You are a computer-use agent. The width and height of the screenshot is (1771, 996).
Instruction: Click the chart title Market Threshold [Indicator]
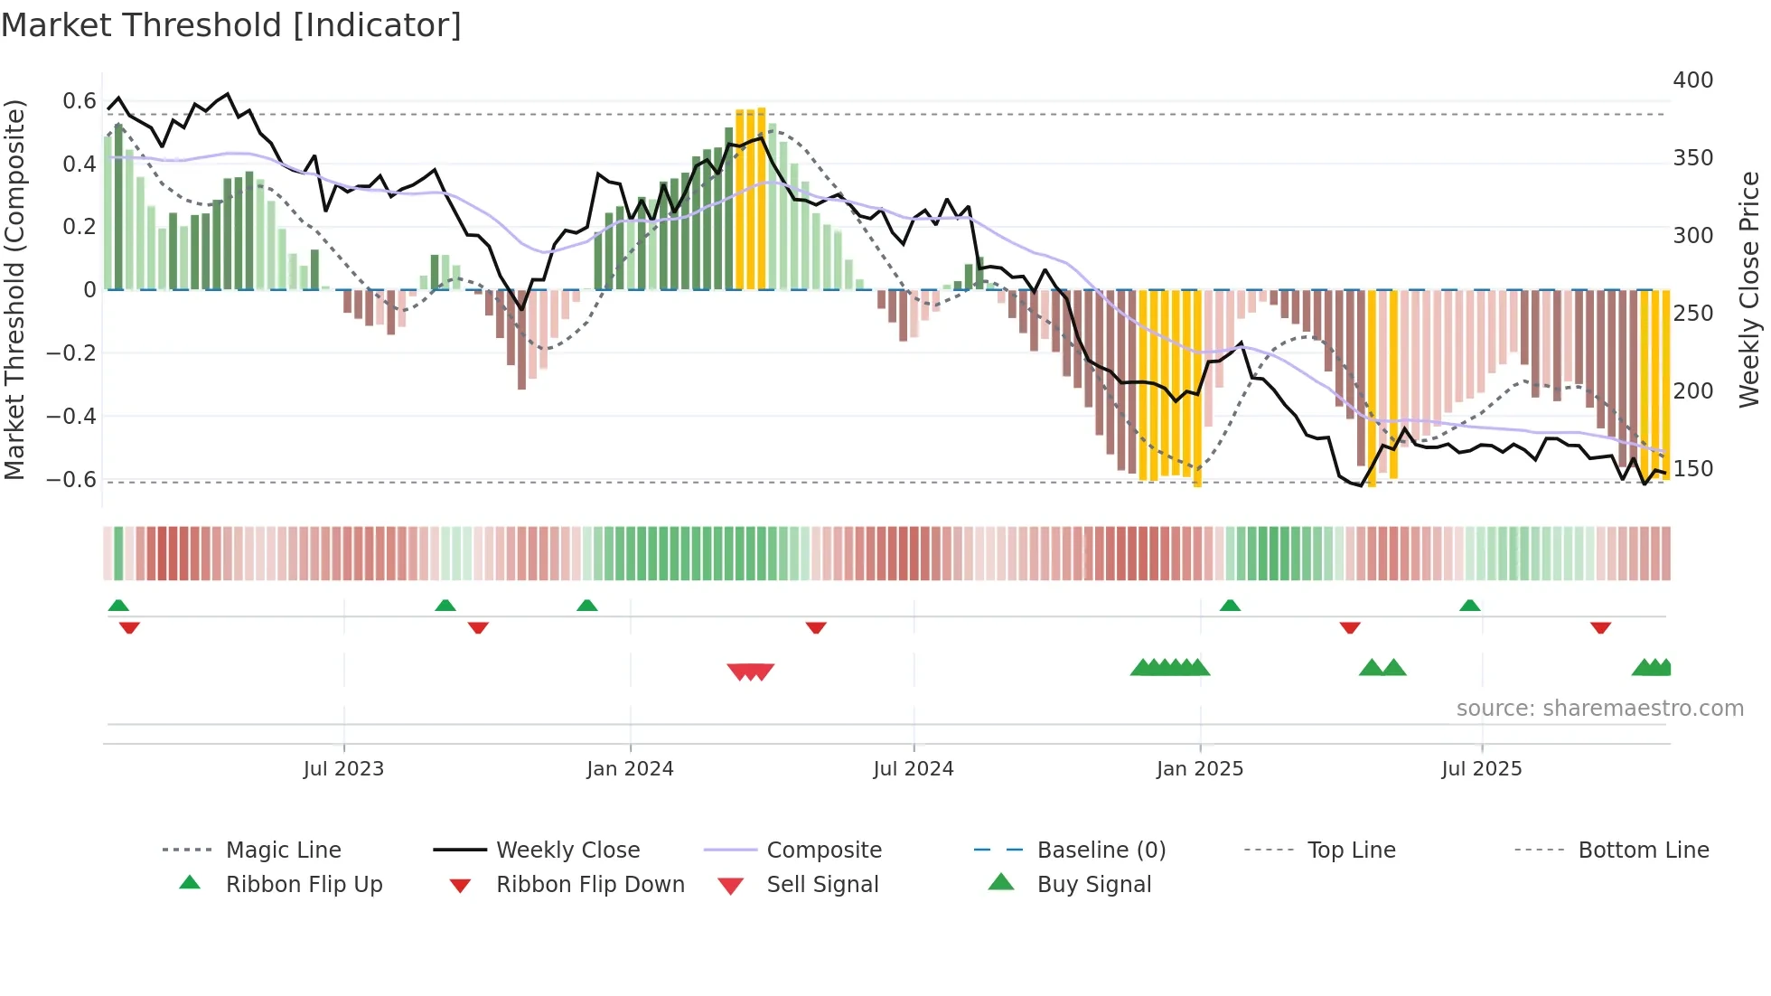pos(231,25)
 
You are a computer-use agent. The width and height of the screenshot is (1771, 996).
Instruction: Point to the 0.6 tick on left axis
pos(80,101)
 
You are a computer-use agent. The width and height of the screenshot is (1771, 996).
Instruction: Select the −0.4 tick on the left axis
pos(71,417)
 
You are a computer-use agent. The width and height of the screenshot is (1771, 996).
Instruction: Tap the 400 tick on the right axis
pos(1692,80)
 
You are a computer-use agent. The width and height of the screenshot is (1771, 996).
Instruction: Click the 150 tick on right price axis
pos(1692,469)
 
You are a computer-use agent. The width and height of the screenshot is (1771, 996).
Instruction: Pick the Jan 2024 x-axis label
pos(630,769)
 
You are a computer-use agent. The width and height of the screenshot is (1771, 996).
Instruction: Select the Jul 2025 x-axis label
pos(1481,769)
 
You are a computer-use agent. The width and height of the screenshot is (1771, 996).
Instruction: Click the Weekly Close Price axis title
pos(1749,289)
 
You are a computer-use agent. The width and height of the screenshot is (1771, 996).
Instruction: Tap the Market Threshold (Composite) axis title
pos(14,289)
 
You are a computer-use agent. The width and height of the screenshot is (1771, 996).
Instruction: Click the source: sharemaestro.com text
pos(1599,709)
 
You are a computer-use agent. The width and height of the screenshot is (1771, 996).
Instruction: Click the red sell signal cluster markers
pos(751,672)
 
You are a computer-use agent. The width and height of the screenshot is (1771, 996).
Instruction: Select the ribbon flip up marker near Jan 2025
pos(1230,606)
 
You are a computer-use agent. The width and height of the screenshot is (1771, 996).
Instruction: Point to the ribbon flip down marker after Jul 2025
pos(1600,627)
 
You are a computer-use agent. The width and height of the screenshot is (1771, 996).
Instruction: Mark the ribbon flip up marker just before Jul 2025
pos(1469,606)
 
